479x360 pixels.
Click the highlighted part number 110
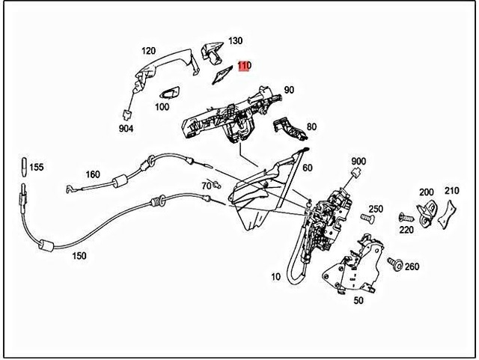point(244,66)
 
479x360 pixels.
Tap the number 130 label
point(235,40)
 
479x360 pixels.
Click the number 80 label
point(290,126)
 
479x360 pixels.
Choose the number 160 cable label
point(92,175)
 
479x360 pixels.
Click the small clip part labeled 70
point(216,185)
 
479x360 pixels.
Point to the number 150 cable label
point(79,256)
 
